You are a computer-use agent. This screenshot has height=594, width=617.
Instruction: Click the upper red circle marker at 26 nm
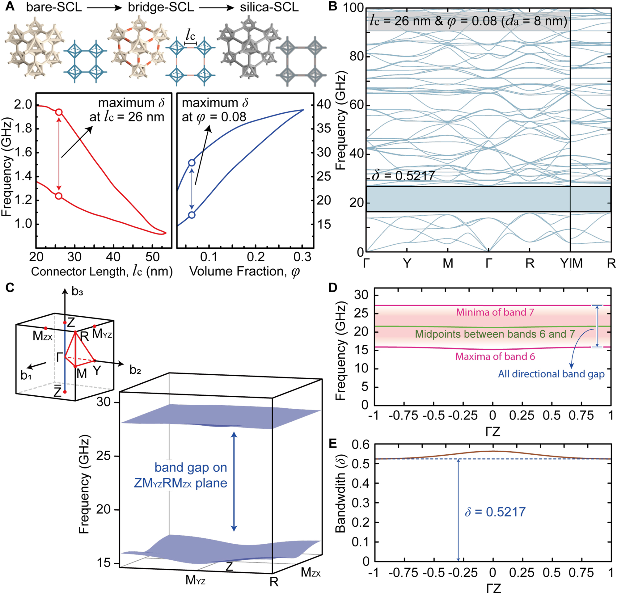pos(59,112)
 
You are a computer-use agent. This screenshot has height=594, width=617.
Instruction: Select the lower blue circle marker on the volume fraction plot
pos(192,215)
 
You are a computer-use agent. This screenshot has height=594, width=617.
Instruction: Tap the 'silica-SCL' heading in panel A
pos(269,7)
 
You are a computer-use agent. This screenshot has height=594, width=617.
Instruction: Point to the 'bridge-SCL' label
pos(161,7)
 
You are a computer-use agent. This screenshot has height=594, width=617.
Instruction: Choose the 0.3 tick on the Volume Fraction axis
pos(302,257)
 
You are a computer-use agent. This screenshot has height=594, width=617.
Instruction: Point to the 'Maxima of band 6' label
pos(495,356)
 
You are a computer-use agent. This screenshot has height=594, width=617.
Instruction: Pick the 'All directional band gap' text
pos(551,374)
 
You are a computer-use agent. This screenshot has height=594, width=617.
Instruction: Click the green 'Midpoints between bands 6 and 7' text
pos(495,334)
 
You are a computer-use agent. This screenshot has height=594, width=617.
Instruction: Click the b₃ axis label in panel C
pos(78,292)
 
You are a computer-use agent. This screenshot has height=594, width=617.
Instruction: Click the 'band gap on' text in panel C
pos(191,467)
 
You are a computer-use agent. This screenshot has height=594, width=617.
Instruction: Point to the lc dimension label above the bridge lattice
pos(190,34)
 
